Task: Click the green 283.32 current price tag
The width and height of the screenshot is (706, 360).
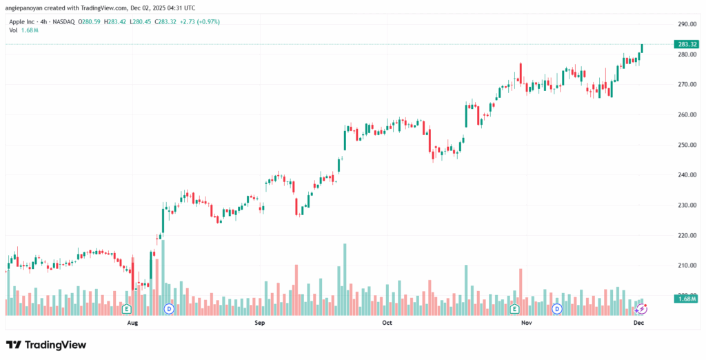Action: tap(685, 44)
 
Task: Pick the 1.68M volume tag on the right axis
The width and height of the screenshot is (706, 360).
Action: tap(685, 299)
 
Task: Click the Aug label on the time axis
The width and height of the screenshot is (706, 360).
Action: tap(133, 322)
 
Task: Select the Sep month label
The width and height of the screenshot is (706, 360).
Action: tap(260, 322)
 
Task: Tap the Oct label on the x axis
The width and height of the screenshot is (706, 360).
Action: tap(387, 322)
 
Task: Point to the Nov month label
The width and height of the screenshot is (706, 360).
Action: tap(527, 322)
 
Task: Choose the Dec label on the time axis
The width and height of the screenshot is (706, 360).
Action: tap(639, 322)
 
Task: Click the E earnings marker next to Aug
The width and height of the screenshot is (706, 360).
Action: tap(127, 308)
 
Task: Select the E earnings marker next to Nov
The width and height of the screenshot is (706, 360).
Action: tap(515, 308)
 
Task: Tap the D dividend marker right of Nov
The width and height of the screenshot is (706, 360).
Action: tap(556, 308)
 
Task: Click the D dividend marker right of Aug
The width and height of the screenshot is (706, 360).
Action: tap(169, 308)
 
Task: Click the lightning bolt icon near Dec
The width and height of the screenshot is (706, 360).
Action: tap(641, 309)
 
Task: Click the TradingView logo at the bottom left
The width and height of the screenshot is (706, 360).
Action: tap(46, 344)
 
